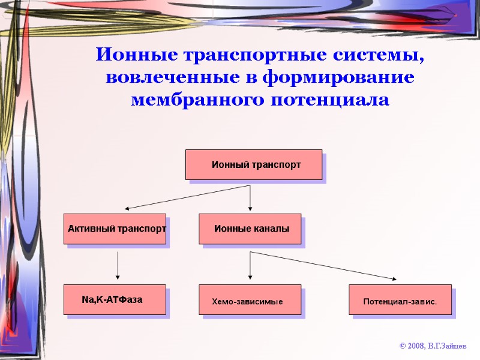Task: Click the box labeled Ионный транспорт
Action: click(x=254, y=164)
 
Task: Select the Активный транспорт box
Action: click(x=115, y=229)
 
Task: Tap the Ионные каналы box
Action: click(x=250, y=229)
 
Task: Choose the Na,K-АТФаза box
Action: click(x=115, y=299)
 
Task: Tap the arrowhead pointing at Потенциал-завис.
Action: click(x=393, y=278)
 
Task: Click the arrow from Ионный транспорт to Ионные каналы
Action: click(x=250, y=198)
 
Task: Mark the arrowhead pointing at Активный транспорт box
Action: click(x=128, y=208)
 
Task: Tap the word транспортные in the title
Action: click(x=254, y=56)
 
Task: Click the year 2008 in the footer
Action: click(x=415, y=347)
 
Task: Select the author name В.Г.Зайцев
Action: click(x=447, y=347)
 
